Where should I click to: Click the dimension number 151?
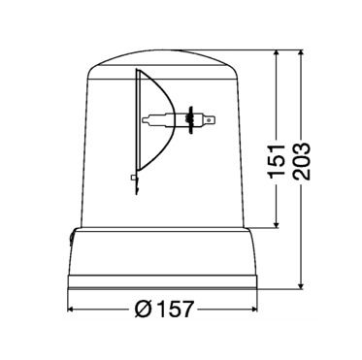[277, 161]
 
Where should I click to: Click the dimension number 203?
[303, 161]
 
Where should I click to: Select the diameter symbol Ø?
[142, 310]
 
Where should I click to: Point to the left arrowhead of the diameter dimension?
[71, 310]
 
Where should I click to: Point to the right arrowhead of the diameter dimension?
[254, 310]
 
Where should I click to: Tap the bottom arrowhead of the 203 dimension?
[302, 284]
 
